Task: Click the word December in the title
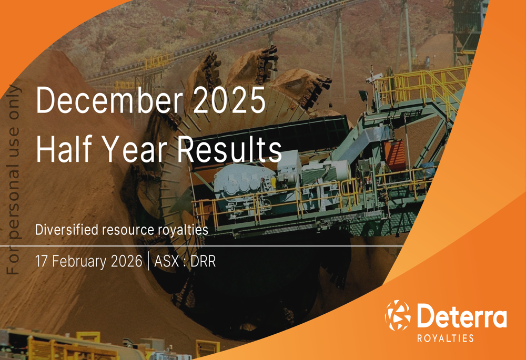[x=109, y=100]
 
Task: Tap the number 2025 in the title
[x=230, y=100]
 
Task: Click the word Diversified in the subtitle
[x=67, y=230]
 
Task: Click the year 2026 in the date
[x=126, y=261]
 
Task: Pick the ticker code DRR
[x=203, y=261]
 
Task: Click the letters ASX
[x=166, y=261]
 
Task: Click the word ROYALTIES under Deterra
[x=445, y=338]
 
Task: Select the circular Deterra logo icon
[x=398, y=315]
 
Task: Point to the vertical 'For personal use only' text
[x=14, y=180]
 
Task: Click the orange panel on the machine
[x=394, y=155]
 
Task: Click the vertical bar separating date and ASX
[x=148, y=261]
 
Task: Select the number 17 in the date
[x=42, y=261]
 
